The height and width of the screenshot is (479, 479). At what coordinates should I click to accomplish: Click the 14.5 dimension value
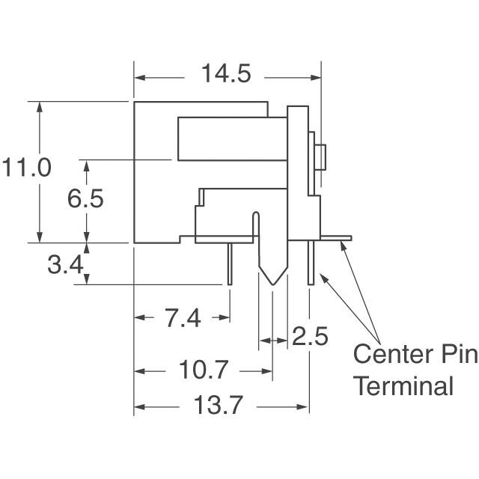pos(226,73)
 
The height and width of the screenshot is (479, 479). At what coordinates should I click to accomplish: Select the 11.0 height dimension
pos(26,168)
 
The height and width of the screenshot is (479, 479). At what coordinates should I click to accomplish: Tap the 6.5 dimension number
pos(85,198)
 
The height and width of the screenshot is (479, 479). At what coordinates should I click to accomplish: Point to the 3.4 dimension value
pos(65,264)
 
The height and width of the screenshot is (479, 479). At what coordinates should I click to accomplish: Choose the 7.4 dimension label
pos(183,318)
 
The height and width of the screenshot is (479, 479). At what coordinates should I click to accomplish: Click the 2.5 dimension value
pos(310,336)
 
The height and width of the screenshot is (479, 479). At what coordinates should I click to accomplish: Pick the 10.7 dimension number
pos(203,370)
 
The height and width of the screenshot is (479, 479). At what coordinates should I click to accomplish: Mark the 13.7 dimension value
pos(218,405)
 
